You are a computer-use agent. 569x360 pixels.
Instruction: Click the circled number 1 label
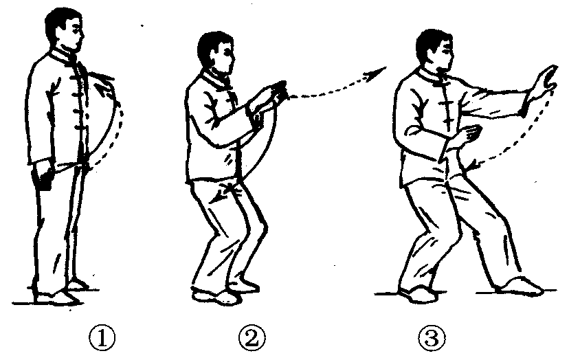102,338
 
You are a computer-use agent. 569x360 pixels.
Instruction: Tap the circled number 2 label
252,338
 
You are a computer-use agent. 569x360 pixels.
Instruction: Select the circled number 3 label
432,338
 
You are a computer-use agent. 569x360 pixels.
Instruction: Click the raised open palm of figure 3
544,82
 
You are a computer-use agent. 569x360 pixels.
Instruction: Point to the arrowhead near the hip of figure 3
473,164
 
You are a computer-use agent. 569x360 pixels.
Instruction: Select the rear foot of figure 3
418,294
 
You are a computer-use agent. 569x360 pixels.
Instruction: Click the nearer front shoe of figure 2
216,297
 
